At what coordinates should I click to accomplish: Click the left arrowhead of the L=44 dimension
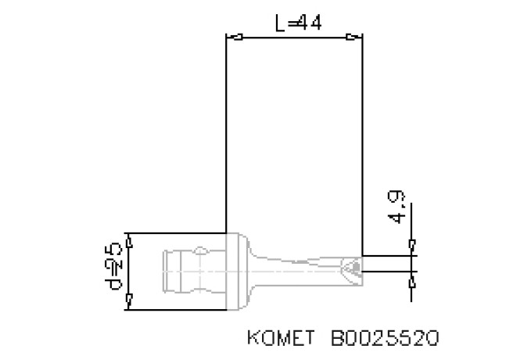pos(232,36)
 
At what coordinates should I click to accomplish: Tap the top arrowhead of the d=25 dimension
pos(131,242)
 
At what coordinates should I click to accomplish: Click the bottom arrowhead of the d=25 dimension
pos(131,299)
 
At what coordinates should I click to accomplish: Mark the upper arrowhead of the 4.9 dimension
pos(412,248)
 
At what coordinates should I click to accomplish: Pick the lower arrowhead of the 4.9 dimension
pos(412,278)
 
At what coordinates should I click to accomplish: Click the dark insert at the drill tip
pos(355,267)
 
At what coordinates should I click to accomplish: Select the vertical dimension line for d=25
pos(131,271)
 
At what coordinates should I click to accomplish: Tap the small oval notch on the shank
pos(202,251)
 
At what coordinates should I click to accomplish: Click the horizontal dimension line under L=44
pos(293,36)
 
